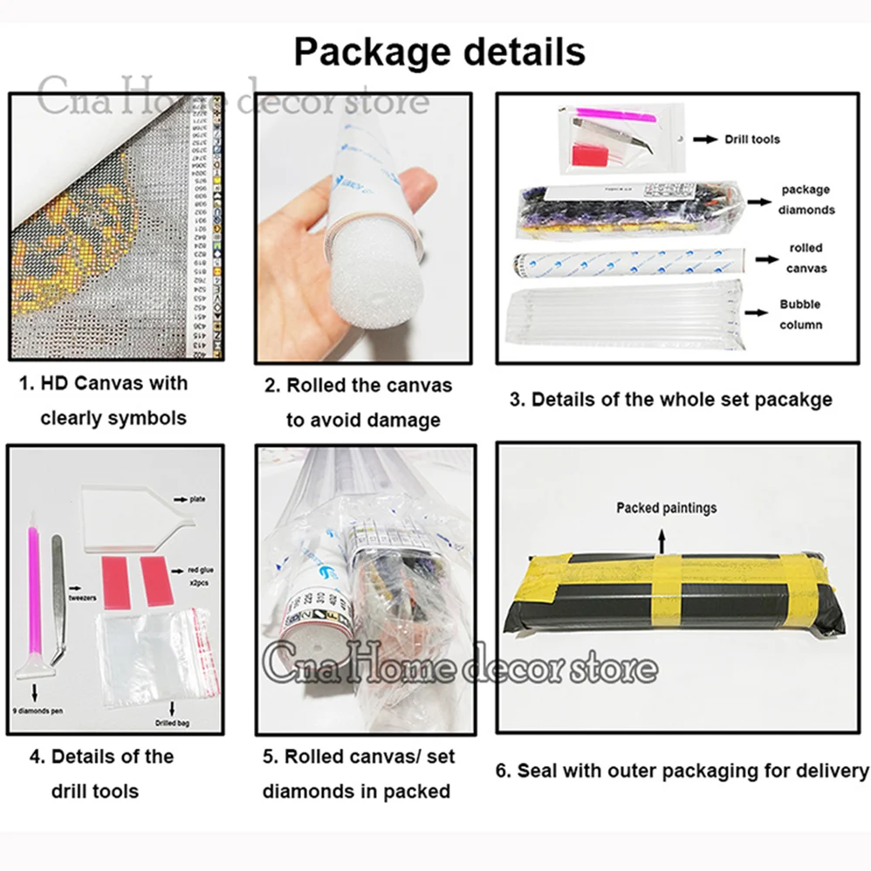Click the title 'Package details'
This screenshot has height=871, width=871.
coord(439,51)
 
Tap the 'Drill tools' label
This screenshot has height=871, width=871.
coord(752,139)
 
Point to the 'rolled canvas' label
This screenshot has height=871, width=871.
coord(806,258)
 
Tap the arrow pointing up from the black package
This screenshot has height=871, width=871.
coord(662,537)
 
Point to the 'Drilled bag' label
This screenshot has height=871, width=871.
coord(172,723)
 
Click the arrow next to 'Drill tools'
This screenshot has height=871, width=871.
coord(703,139)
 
